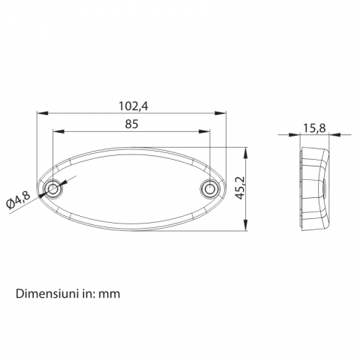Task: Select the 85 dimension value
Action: click(131, 124)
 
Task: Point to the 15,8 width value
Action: click(313, 128)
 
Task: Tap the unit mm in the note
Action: click(110, 293)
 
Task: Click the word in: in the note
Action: click(86, 293)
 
